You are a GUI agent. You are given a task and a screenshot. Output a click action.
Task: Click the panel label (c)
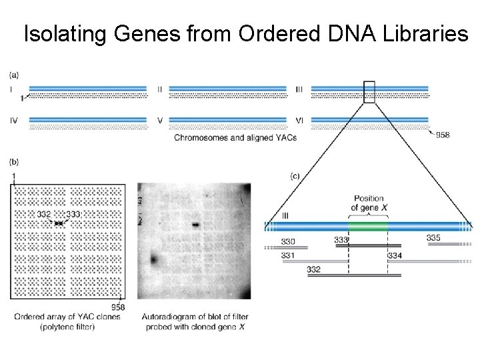point(298,176)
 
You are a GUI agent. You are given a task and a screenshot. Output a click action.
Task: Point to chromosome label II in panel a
point(160,89)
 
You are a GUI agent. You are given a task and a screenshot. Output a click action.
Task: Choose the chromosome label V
point(160,120)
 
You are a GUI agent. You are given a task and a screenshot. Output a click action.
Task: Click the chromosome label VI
point(301,120)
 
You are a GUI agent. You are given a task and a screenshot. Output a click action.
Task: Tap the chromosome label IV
point(14,120)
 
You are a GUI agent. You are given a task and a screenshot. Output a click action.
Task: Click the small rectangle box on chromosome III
point(369,92)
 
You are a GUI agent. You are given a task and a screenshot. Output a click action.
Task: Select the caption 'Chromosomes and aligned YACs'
point(235,138)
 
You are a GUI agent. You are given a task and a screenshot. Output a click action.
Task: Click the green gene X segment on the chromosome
point(368,226)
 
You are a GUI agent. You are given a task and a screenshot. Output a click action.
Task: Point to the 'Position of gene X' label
point(368,203)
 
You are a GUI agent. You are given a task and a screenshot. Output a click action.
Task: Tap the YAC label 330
point(289,241)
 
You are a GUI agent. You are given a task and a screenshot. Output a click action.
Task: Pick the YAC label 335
point(433,238)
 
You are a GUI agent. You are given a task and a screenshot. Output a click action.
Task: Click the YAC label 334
point(395,255)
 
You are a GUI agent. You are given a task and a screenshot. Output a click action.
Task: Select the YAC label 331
point(289,255)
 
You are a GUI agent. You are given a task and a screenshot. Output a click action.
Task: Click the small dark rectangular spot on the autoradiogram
point(196,224)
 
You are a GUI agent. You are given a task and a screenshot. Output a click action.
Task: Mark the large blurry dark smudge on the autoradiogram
point(155,259)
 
